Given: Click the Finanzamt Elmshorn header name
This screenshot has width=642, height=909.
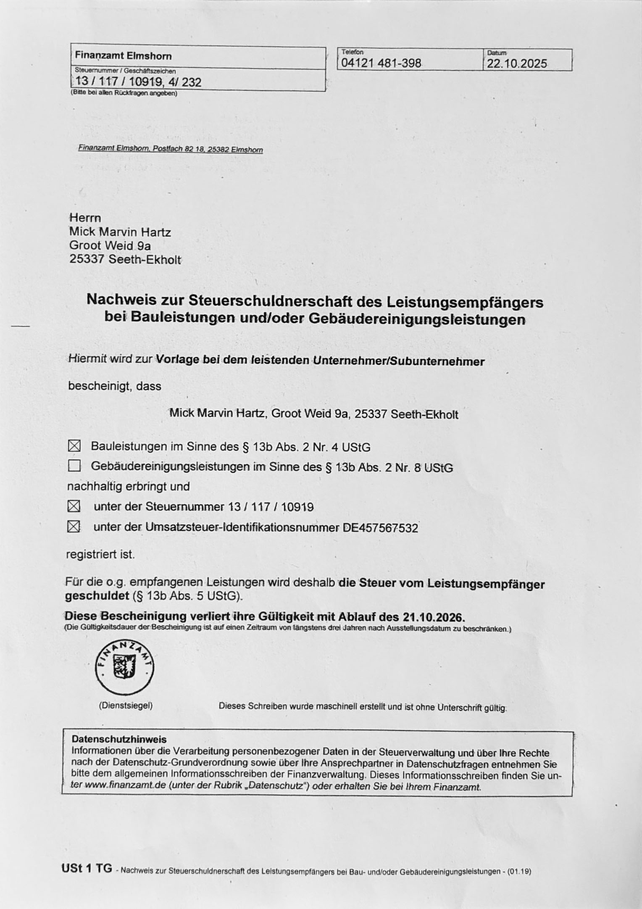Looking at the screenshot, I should pyautogui.click(x=123, y=56).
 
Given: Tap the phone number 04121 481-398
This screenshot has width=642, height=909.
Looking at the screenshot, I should pyautogui.click(x=381, y=63).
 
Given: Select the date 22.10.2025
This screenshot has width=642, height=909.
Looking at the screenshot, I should pyautogui.click(x=517, y=64).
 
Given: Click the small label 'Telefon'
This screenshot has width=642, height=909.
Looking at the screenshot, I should pyautogui.click(x=352, y=52).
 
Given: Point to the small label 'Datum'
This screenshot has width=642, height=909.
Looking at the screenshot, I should pyautogui.click(x=497, y=53).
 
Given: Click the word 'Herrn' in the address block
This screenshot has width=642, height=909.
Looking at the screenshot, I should pyautogui.click(x=85, y=218).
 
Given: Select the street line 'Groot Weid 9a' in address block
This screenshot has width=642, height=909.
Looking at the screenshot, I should pyautogui.click(x=110, y=245).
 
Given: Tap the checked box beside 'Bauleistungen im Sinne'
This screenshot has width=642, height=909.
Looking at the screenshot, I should pyautogui.click(x=74, y=446).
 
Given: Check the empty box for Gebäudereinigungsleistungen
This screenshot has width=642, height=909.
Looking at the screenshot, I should pyautogui.click(x=74, y=466).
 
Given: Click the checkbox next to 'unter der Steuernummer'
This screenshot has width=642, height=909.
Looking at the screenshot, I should pyautogui.click(x=74, y=506).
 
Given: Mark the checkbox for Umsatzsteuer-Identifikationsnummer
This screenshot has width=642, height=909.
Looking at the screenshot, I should pyautogui.click(x=74, y=526).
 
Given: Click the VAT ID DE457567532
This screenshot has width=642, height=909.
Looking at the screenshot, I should pyautogui.click(x=380, y=528).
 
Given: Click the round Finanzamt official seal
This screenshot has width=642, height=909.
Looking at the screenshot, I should pyautogui.click(x=125, y=668).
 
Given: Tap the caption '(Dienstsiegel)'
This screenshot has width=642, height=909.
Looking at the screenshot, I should pyautogui.click(x=126, y=706).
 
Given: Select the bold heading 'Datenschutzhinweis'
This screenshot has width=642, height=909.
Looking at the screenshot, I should pyautogui.click(x=119, y=739).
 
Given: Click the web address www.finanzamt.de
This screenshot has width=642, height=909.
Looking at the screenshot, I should pyautogui.click(x=126, y=785).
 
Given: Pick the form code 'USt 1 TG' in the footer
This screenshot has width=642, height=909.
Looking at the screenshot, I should pyautogui.click(x=87, y=868).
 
